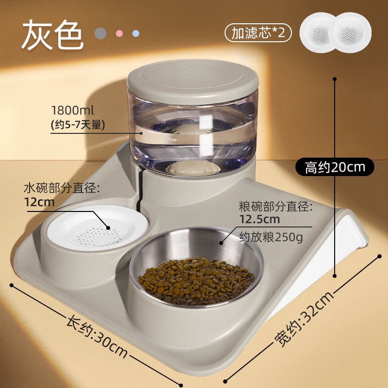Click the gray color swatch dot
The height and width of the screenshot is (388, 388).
coord(100,33)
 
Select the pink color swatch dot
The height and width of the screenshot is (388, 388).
coord(119,33)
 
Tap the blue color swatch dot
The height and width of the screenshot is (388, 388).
coord(136,33)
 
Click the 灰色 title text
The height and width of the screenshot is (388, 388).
coord(52,34)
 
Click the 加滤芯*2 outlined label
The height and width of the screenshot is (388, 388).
coord(258,33)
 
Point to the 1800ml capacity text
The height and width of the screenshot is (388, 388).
coord(72,111)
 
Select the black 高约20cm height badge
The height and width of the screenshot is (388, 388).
coord(335,167)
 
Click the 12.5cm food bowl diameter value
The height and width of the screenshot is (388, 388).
coord(259,219)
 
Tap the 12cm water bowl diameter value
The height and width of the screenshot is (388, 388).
coord(39,202)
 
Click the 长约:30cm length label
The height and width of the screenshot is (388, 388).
coord(97,336)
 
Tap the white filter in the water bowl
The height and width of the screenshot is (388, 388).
coord(97,227)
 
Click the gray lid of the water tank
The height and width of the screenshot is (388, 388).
coord(193,81)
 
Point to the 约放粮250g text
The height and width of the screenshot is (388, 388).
coord(271,238)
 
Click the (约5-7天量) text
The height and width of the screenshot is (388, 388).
coord(78,125)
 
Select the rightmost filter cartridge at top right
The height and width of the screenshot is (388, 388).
coord(350,33)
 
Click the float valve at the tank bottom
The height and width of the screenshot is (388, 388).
coord(193,168)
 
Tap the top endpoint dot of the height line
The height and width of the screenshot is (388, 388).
coord(335,79)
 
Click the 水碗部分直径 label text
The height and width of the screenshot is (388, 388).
coord(62,189)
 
